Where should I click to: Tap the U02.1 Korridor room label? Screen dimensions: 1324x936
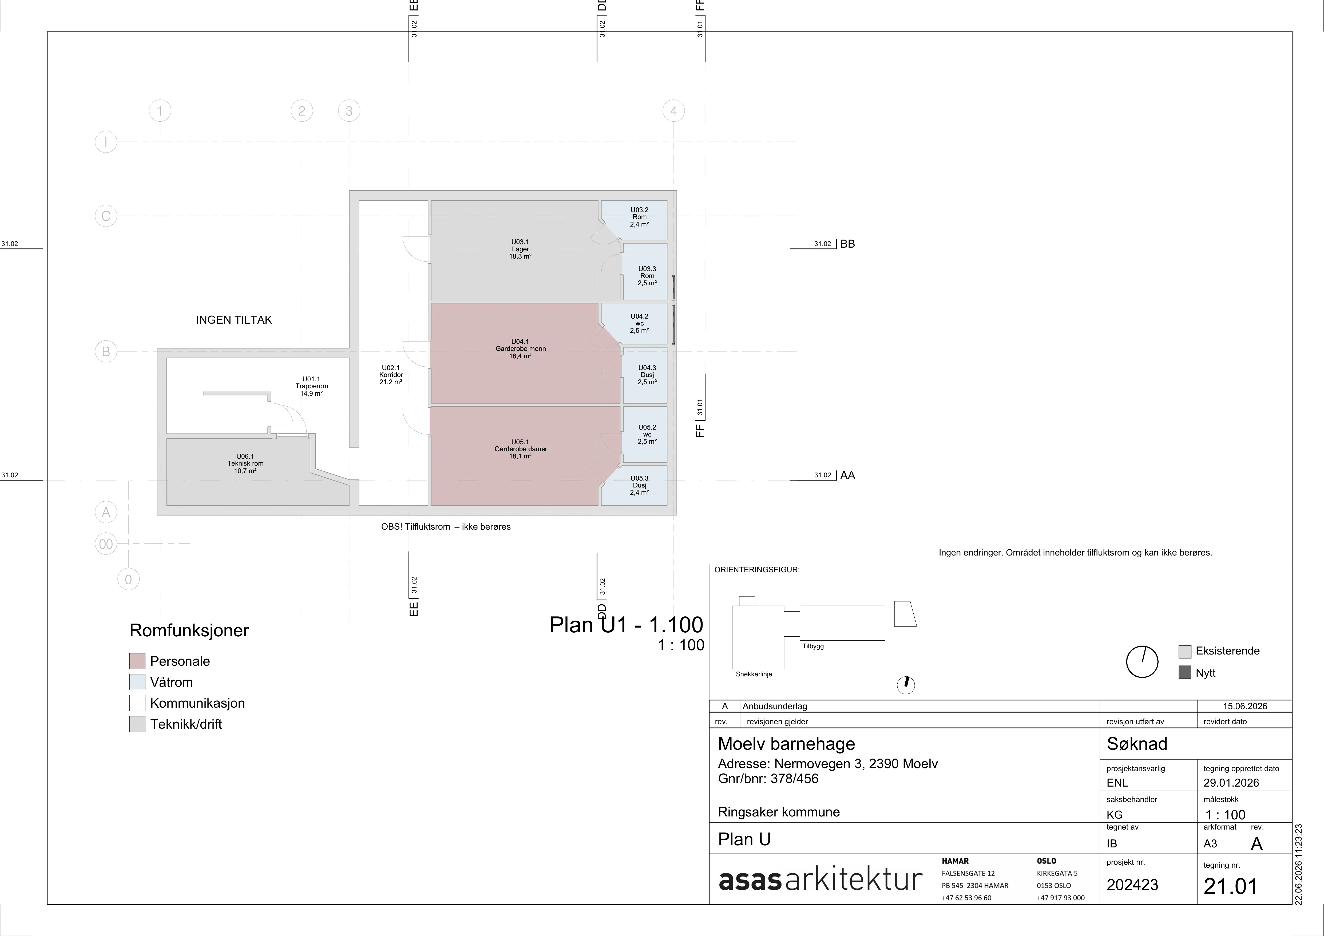(x=390, y=375)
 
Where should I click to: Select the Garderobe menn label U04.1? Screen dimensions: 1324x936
(x=520, y=349)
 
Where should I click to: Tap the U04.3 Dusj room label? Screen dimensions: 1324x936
(x=647, y=375)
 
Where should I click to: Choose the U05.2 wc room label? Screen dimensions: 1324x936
(x=647, y=434)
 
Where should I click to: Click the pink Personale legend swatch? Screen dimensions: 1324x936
(x=137, y=661)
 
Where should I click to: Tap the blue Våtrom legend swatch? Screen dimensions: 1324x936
(x=137, y=682)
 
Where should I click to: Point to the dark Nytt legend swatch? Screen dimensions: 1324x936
(x=1184, y=672)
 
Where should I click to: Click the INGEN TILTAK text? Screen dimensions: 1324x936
(x=234, y=320)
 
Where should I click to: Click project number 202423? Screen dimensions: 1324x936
(x=1132, y=885)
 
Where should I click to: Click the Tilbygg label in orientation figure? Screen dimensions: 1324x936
(x=813, y=646)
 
